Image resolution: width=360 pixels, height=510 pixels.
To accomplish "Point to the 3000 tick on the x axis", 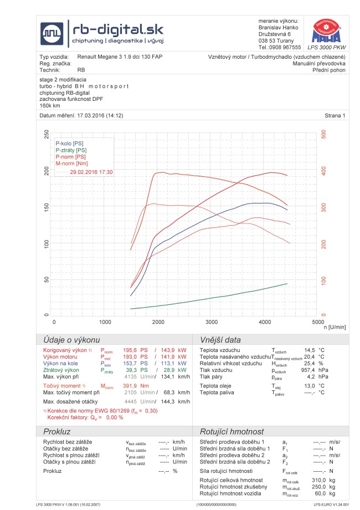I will click(211, 322).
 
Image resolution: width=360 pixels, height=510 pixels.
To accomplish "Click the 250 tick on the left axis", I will click(47, 135).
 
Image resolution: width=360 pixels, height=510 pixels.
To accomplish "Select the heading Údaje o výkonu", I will click(69, 340).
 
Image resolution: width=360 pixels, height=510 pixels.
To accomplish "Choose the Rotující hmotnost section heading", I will click(232, 431).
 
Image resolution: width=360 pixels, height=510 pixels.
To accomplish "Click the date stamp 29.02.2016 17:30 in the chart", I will click(92, 172).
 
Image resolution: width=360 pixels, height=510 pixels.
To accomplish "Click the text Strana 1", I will click(335, 115).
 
